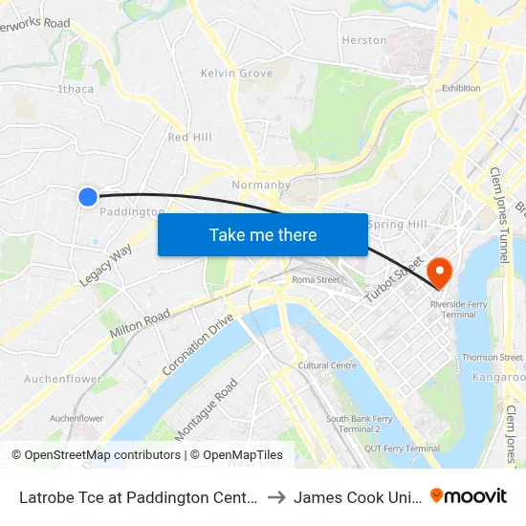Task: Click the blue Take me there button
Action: (x=263, y=235)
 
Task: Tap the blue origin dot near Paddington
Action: (x=87, y=197)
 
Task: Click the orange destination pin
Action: (x=440, y=273)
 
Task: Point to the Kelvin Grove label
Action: (x=236, y=74)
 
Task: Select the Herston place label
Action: (x=364, y=40)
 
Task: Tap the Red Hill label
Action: (x=189, y=138)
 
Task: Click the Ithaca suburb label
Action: (x=77, y=89)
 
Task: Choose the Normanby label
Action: (x=254, y=185)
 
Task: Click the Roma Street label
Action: (x=316, y=280)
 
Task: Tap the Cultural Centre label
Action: (x=327, y=365)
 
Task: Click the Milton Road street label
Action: (x=140, y=323)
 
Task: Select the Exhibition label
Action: (x=461, y=88)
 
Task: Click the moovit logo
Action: (x=469, y=495)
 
